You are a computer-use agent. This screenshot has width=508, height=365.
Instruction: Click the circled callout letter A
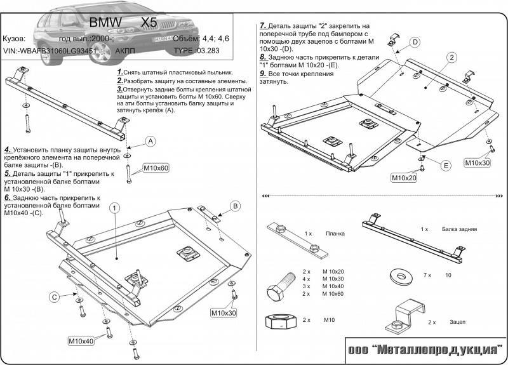[150, 140]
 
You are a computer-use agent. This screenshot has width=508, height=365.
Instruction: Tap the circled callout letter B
[234, 206]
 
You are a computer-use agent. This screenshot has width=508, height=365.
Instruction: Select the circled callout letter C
[55, 296]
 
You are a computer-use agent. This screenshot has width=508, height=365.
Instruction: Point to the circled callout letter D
[414, 43]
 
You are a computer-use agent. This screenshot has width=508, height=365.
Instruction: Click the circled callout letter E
[446, 166]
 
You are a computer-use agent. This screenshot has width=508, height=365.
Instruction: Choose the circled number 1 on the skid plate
[114, 208]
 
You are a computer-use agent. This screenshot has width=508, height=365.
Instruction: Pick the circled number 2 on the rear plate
[451, 58]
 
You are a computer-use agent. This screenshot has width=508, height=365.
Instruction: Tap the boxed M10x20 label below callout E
[404, 178]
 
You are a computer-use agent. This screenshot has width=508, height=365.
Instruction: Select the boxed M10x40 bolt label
[81, 342]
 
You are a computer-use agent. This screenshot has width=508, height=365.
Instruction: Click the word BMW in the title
[102, 22]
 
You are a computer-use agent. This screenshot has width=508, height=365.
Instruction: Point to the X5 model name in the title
[149, 22]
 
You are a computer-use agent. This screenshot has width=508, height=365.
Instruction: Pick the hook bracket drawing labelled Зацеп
[406, 314]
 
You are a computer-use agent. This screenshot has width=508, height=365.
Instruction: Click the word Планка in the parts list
[335, 234]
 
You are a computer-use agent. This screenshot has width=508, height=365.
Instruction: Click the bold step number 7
[262, 25]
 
